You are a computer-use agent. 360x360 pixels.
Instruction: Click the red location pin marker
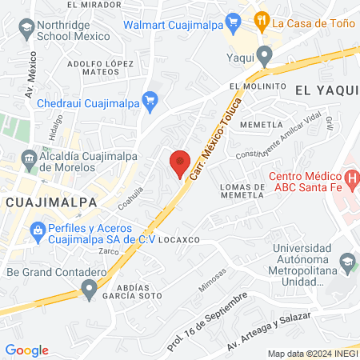tap(181, 162)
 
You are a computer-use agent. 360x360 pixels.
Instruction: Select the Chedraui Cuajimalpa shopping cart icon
tap(149, 100)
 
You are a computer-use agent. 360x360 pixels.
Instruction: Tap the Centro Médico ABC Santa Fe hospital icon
tap(350, 177)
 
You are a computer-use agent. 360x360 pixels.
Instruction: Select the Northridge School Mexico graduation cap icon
tap(26, 28)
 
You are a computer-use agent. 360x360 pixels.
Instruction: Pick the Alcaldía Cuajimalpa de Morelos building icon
tap(28, 158)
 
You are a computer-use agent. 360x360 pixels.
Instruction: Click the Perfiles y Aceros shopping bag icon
tap(37, 231)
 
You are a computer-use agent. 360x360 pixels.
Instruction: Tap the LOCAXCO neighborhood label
tap(178, 239)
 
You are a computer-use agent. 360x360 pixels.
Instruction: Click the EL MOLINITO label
tap(258, 86)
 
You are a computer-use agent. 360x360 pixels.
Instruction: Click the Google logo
tap(27, 350)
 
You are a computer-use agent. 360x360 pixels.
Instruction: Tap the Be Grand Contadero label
tap(56, 272)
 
